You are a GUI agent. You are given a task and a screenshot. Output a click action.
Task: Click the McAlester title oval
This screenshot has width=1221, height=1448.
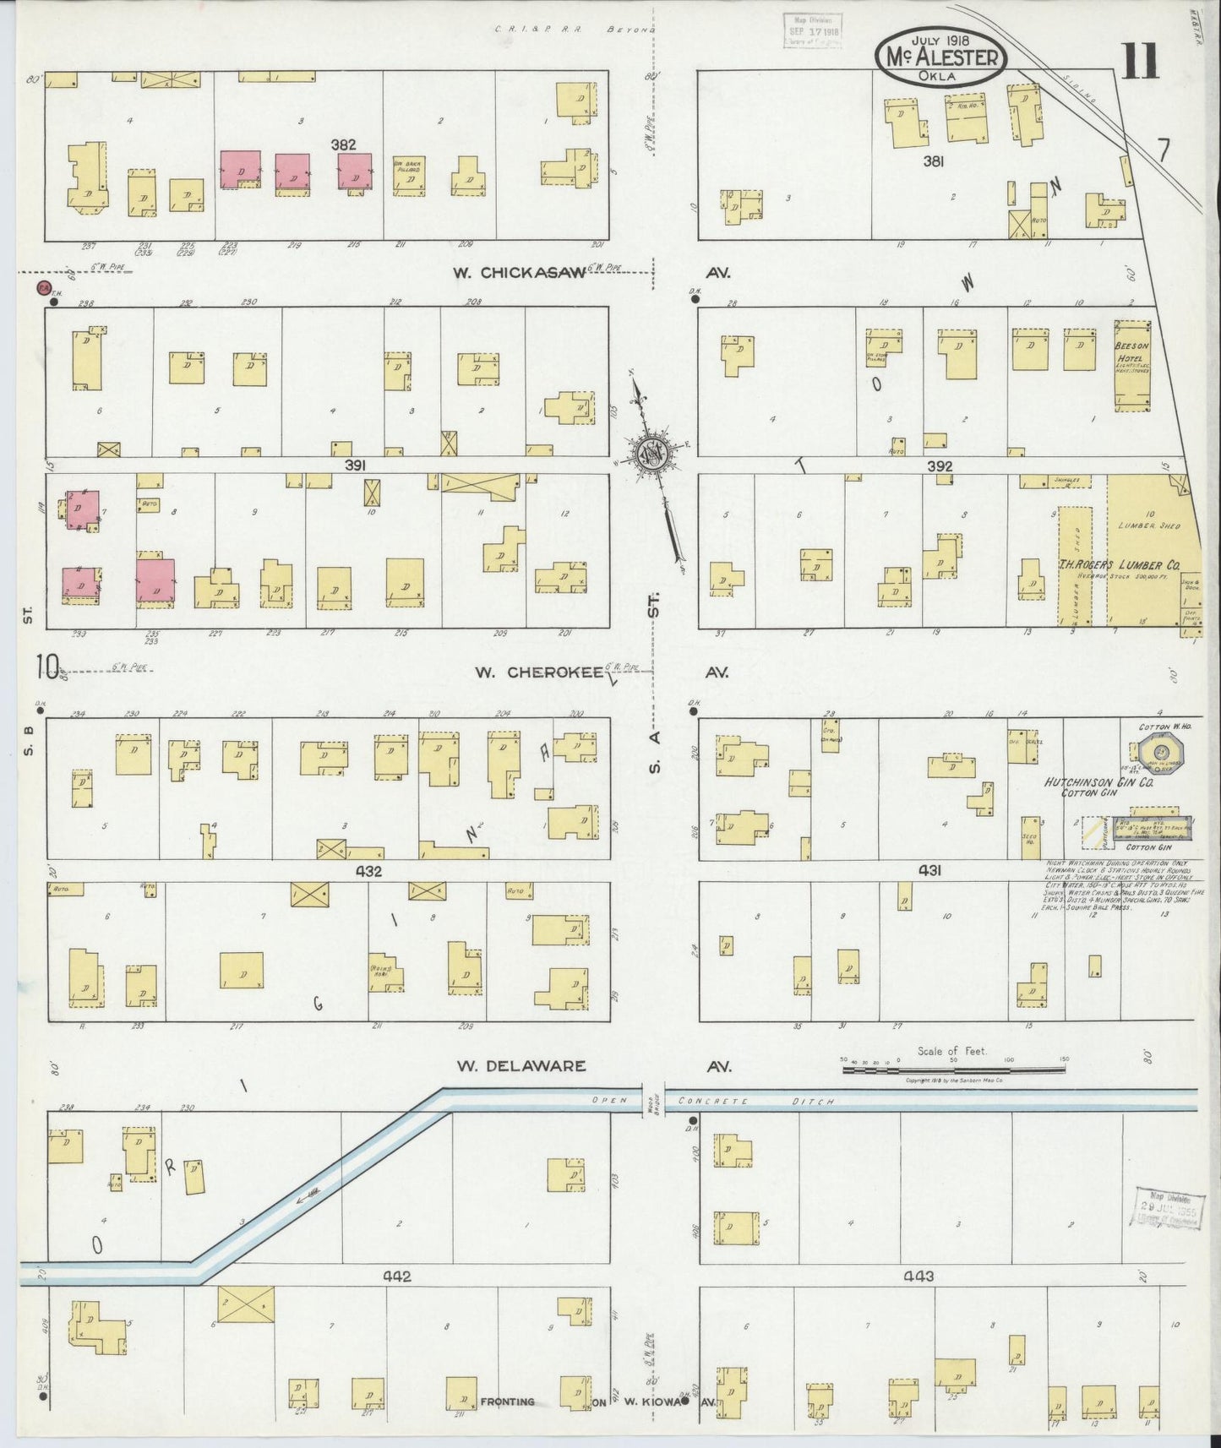pos(941,57)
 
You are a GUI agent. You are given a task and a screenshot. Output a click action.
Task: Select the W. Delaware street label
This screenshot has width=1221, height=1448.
pos(521,1066)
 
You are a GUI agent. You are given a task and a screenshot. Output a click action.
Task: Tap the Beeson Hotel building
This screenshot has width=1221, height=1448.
pos(1132,365)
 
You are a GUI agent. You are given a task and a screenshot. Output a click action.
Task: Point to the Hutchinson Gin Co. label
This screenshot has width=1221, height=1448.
pos(1098,782)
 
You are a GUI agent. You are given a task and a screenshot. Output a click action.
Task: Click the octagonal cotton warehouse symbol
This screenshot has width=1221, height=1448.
pos(1162,752)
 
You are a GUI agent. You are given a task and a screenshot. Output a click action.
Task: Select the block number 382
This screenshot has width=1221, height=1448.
pos(343,144)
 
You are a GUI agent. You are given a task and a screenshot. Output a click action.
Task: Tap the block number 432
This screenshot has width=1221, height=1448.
pos(368,871)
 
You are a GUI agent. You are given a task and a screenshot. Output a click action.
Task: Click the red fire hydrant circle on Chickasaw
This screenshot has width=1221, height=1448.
pos(42,288)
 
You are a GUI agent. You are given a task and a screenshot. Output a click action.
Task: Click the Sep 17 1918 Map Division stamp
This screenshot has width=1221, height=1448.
pos(812,30)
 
